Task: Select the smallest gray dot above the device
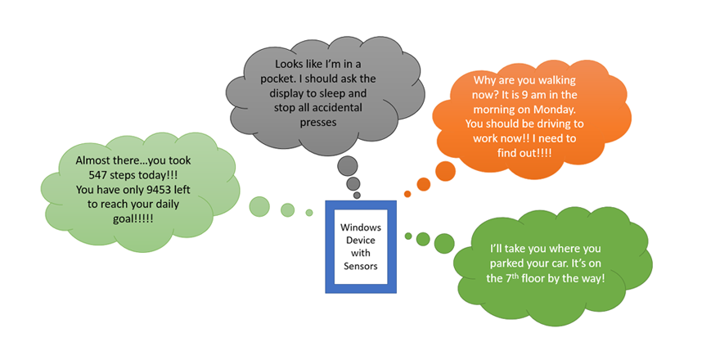point(358,196)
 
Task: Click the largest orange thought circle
point(444,171)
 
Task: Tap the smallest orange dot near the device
point(407,194)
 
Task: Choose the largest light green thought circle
point(260,206)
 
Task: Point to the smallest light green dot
point(309,213)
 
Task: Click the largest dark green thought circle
point(444,241)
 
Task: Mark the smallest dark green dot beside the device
point(408,236)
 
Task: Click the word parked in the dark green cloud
point(513,263)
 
